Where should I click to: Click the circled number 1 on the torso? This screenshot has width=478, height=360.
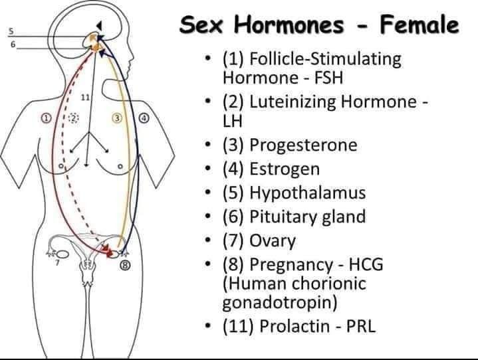click(46, 118)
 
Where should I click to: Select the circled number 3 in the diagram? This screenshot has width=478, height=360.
click(117, 118)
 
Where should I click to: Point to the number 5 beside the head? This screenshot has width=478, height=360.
click(11, 31)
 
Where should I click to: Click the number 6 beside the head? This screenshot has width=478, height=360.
click(11, 44)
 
